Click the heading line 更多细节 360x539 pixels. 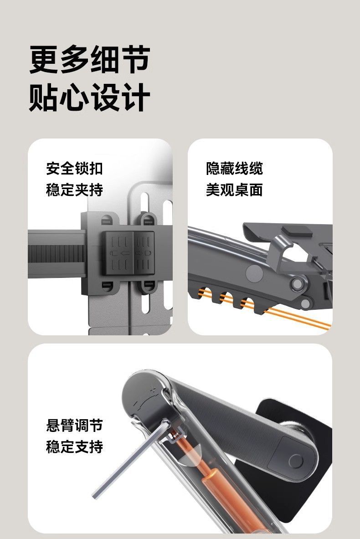(x=90, y=60)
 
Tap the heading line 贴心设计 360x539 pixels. (x=90, y=97)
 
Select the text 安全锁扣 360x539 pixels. (x=74, y=168)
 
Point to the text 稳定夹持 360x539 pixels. (x=74, y=189)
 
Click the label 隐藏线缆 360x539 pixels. (x=234, y=168)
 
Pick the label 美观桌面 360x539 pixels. (x=234, y=189)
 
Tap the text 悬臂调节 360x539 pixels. (x=74, y=426)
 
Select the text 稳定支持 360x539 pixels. (x=74, y=447)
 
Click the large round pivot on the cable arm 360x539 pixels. (x=255, y=274)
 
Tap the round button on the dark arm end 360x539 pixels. (x=296, y=461)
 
